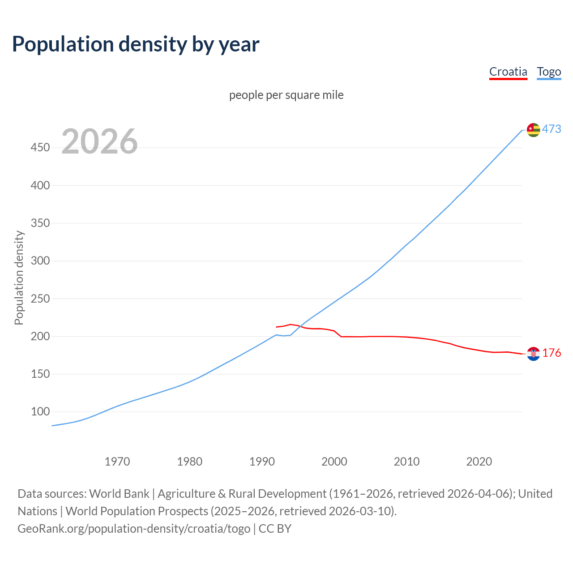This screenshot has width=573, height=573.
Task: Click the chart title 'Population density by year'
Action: coord(136,44)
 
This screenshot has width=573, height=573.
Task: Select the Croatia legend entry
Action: coord(508,72)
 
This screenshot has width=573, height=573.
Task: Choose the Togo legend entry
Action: coord(549,72)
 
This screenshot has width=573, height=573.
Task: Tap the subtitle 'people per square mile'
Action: coord(286,95)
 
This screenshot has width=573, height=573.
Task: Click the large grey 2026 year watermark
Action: coord(99,141)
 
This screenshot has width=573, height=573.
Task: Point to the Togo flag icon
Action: coord(533,130)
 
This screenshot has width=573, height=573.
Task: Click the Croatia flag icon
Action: coord(533,354)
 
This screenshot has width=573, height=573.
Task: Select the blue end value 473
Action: coord(552,129)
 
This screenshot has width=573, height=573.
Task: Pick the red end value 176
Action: coord(552,353)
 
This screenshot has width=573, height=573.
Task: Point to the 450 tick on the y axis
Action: coord(40,147)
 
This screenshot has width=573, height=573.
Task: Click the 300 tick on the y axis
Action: coord(40,261)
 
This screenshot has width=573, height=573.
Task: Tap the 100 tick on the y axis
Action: coord(40,411)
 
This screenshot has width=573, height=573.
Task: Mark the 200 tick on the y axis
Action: coord(40,336)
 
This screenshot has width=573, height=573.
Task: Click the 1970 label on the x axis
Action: coord(117,462)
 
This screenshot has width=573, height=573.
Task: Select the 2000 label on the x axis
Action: coord(334,462)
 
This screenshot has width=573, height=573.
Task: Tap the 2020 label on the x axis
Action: coord(479,462)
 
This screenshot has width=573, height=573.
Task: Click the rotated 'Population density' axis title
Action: coord(19,278)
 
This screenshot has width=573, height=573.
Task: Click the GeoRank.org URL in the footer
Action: coord(134,529)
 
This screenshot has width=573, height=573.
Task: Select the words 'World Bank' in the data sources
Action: coord(119,494)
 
